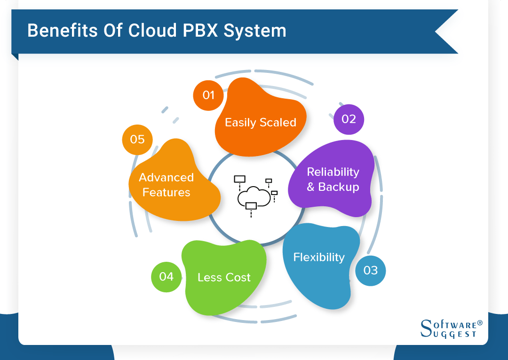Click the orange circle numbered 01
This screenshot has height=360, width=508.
click(x=208, y=95)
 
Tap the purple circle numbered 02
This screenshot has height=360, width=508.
click(x=349, y=119)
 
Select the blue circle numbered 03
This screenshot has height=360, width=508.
click(x=370, y=271)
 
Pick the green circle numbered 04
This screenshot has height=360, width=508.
click(x=166, y=277)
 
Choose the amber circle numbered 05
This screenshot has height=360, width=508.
click(x=137, y=139)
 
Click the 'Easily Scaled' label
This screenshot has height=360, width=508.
click(x=260, y=123)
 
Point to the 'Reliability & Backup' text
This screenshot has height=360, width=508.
click(x=333, y=180)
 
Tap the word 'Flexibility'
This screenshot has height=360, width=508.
click(x=318, y=258)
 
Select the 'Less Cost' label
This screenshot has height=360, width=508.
click(x=224, y=278)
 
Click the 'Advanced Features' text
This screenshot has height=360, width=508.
click(x=166, y=185)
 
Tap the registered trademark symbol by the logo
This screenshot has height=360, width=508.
click(x=480, y=323)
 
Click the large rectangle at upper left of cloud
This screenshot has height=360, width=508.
click(x=239, y=179)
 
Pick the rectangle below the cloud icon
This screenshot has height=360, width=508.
click(x=251, y=205)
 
